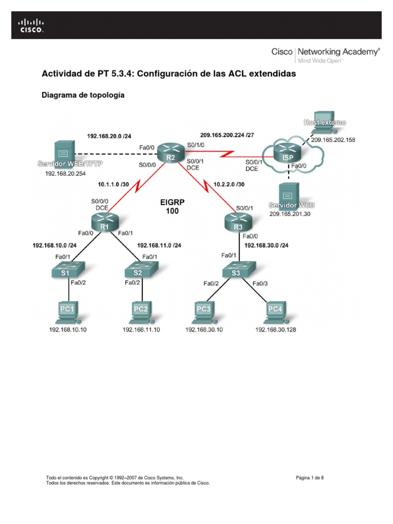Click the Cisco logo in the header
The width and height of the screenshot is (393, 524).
point(31,26)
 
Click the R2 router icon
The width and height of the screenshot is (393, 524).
point(170,152)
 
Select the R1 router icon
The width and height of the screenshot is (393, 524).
point(105,222)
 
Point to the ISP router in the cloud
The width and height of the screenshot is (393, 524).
point(288,152)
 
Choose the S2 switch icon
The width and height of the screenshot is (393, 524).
point(138,269)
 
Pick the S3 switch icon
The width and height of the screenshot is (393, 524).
point(235,269)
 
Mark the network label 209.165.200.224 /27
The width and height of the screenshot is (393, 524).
point(227,136)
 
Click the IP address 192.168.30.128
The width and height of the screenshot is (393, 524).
point(275,330)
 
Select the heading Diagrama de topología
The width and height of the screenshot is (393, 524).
point(83,95)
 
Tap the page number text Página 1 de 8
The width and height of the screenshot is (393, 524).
point(310,478)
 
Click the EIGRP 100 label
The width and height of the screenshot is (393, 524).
point(172,206)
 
